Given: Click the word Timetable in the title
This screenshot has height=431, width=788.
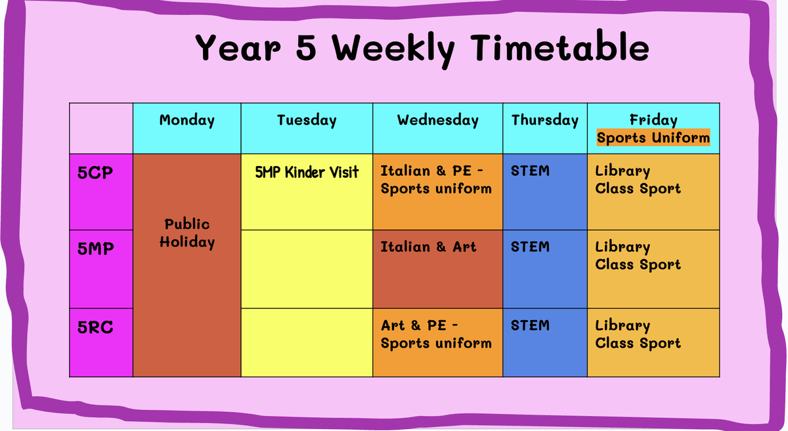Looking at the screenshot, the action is click(x=559, y=47).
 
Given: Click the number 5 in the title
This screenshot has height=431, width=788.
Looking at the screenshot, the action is click(x=306, y=48).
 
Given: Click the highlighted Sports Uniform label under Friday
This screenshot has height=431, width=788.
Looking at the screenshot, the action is click(x=653, y=138).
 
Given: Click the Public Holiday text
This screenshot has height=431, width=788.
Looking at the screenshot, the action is click(x=187, y=234).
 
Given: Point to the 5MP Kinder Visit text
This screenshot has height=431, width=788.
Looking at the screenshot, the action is click(x=307, y=173).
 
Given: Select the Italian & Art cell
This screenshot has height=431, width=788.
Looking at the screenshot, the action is click(x=438, y=269).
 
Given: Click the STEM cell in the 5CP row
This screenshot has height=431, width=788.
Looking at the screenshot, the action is click(x=545, y=192).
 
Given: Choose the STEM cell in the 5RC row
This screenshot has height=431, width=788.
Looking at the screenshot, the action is click(x=545, y=342).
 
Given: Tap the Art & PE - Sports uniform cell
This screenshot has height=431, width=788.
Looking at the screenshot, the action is click(x=438, y=342).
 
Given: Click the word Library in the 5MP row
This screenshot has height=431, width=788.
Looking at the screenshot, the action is click(x=623, y=247).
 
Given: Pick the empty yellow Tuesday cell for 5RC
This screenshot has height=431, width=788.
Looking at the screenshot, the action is click(x=307, y=342).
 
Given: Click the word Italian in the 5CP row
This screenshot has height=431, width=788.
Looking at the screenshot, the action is click(x=405, y=171).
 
